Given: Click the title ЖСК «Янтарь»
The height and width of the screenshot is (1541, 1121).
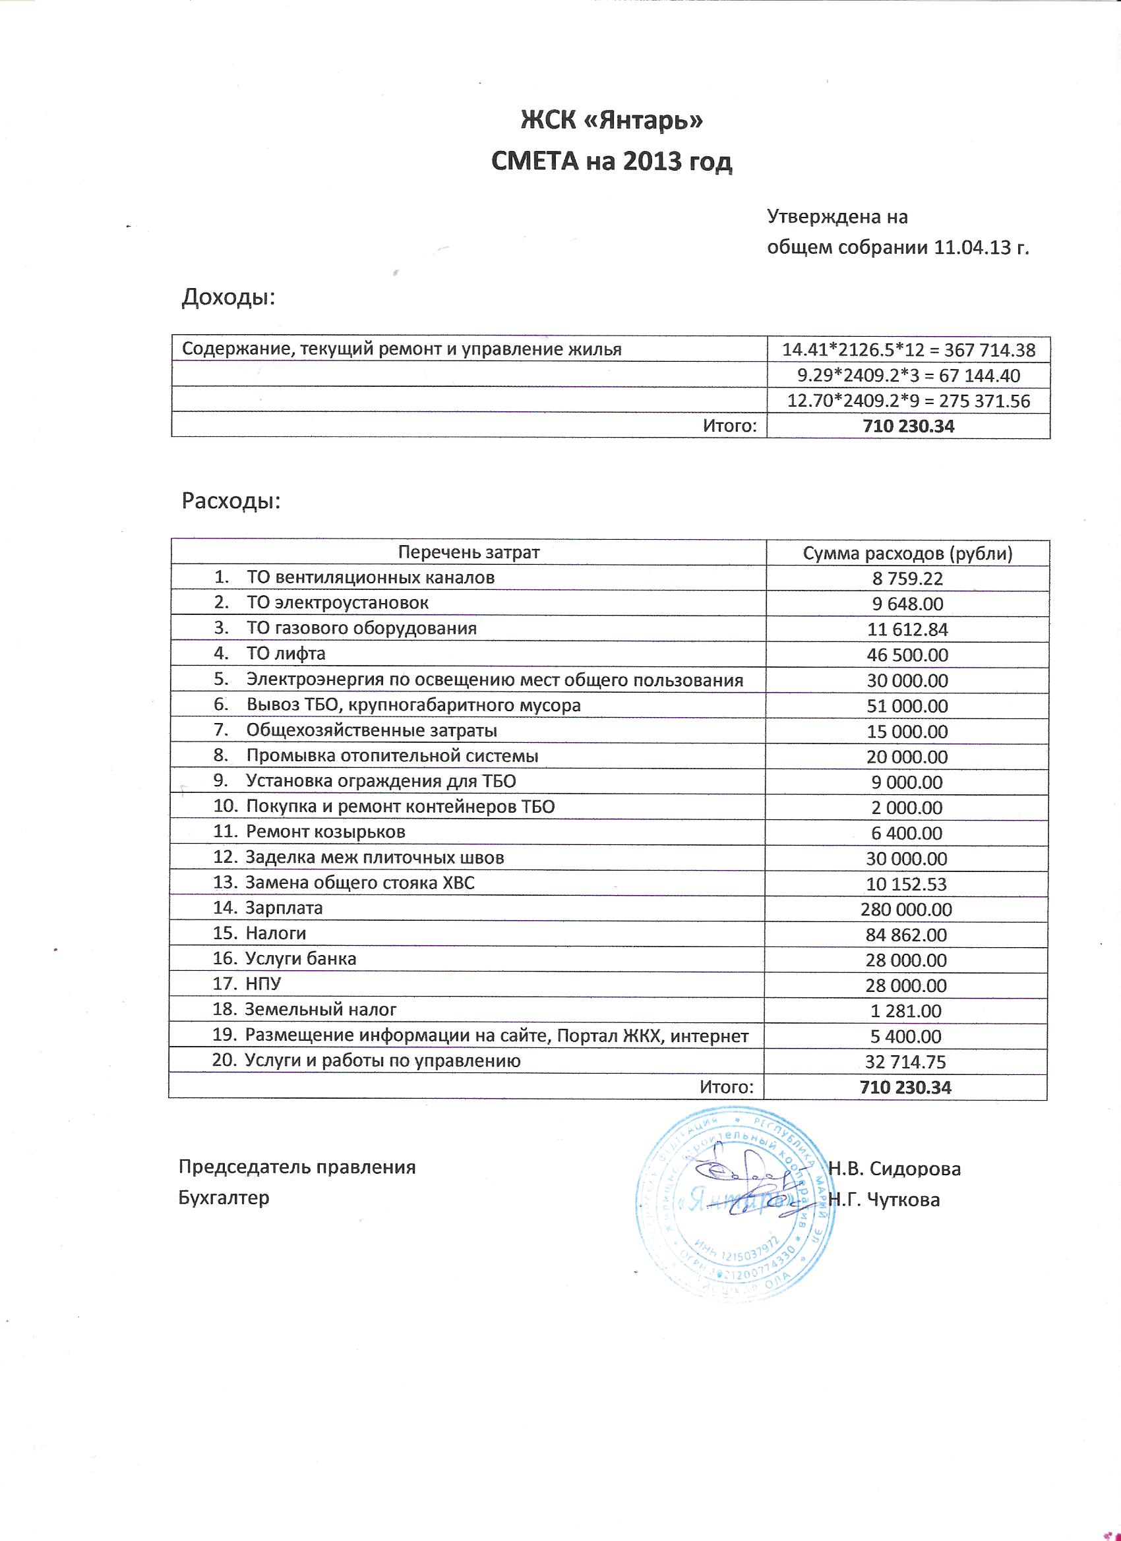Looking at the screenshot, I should click(x=611, y=120).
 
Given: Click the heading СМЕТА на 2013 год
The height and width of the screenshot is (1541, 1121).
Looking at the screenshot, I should click(x=611, y=161).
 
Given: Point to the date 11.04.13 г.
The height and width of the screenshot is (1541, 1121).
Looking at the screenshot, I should click(x=981, y=247).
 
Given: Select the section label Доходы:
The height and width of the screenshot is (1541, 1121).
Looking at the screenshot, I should click(x=228, y=297).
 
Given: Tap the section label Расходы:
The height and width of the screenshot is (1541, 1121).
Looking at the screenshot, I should click(x=231, y=502).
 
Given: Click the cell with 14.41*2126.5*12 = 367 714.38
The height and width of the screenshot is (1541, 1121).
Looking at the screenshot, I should click(x=908, y=350).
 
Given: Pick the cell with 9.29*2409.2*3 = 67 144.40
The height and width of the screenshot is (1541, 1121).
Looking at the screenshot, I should click(x=908, y=375).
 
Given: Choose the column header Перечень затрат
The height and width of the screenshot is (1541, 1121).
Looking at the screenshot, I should click(x=468, y=552).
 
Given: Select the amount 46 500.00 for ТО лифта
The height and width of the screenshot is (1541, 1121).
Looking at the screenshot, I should click(x=907, y=655).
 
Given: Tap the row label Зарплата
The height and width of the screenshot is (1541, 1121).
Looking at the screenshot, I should click(x=284, y=908).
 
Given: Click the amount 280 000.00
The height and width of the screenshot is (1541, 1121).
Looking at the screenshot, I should click(x=906, y=910).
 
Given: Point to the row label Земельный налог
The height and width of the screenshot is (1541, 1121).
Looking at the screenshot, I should click(x=320, y=1010).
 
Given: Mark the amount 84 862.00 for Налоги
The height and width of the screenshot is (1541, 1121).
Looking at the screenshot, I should click(x=906, y=935).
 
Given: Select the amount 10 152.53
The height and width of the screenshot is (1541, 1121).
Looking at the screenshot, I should click(x=906, y=884).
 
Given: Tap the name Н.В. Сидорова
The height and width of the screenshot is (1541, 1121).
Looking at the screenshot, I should click(x=895, y=1169).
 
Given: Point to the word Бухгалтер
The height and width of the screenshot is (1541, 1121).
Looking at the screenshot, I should click(x=224, y=1197).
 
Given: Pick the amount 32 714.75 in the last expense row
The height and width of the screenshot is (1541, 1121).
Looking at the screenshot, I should click(x=905, y=1062).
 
